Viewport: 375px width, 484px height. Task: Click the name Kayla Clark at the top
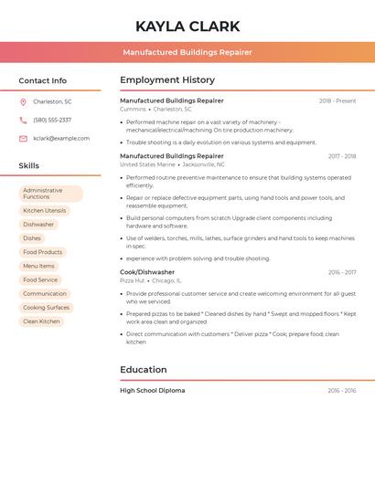click(x=187, y=26)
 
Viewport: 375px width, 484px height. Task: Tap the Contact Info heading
click(x=42, y=80)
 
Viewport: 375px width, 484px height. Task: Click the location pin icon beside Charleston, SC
click(x=23, y=101)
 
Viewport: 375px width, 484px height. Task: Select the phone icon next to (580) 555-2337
click(x=23, y=120)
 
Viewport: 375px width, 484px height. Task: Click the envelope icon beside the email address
click(x=23, y=139)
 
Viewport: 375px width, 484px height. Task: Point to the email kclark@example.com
click(x=61, y=139)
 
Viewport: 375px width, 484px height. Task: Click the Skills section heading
click(x=29, y=165)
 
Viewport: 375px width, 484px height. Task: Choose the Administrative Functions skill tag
click(x=50, y=194)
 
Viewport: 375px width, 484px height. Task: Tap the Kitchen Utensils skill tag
click(x=45, y=210)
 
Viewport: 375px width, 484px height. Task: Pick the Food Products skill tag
click(x=43, y=252)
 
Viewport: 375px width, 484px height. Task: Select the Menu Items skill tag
click(x=38, y=266)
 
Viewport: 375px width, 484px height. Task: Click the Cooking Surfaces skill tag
click(x=46, y=308)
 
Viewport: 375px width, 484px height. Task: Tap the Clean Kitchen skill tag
click(x=41, y=321)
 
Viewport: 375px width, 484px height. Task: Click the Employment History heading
click(x=167, y=80)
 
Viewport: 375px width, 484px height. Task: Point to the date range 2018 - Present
click(x=337, y=100)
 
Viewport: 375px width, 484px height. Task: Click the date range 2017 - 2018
click(x=342, y=156)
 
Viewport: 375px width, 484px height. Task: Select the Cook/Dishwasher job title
click(x=147, y=272)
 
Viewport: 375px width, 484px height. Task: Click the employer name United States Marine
click(x=147, y=164)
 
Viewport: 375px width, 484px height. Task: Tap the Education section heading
click(x=144, y=370)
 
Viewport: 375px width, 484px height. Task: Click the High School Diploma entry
click(x=152, y=391)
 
